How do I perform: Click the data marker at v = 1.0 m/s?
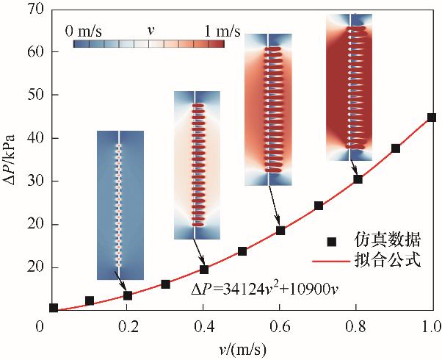(x=432, y=118)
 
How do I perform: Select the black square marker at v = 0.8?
(x=358, y=179)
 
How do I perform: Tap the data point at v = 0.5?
(x=242, y=251)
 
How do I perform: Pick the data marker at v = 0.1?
(x=90, y=300)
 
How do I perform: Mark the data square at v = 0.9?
(x=396, y=148)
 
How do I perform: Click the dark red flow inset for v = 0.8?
(x=349, y=88)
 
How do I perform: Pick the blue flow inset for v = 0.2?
(x=120, y=205)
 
